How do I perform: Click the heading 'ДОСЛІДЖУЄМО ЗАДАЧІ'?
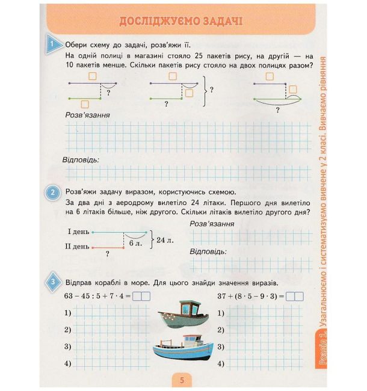(x=180, y=22)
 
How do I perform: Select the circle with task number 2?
(x=54, y=192)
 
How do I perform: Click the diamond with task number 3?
(x=54, y=282)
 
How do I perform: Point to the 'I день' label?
(x=78, y=232)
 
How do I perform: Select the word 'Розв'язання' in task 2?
(x=212, y=224)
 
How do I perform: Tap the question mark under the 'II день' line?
(x=108, y=254)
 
